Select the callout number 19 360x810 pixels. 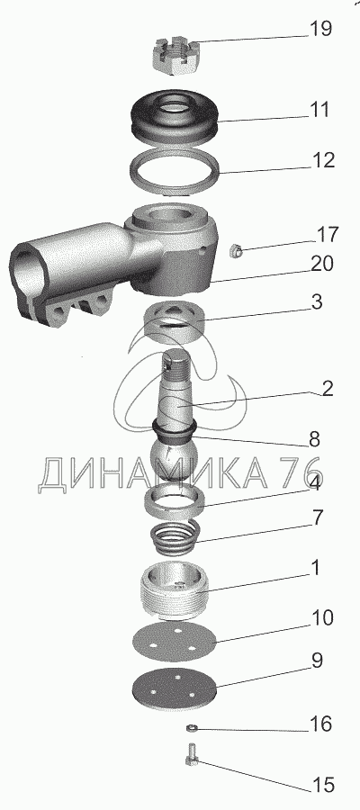(319, 29)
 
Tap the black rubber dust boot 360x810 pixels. (174, 116)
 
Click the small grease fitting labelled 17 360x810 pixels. (236, 252)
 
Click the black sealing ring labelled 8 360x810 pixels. (175, 430)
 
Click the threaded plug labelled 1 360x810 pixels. (174, 590)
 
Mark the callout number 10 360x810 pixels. (321, 617)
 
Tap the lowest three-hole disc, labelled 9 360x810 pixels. (174, 688)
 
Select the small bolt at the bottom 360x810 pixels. (191, 753)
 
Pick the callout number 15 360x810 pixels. (322, 785)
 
